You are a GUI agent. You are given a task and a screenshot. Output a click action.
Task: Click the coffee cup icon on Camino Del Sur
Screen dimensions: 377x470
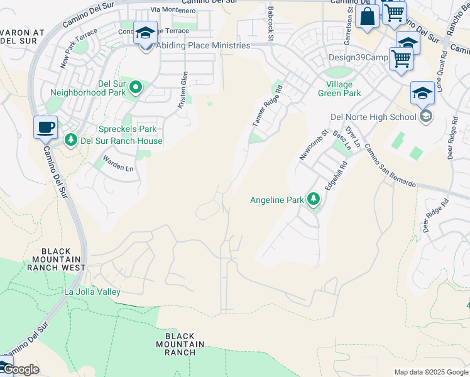[45, 128]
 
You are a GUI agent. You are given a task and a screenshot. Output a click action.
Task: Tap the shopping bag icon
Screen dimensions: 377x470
[367, 17]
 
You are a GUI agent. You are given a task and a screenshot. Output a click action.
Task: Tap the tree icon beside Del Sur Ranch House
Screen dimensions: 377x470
[71, 139]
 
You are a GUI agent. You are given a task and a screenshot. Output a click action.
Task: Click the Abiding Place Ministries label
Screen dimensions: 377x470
[202, 45]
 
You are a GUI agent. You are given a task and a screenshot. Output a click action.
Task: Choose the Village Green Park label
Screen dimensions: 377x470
[344, 89]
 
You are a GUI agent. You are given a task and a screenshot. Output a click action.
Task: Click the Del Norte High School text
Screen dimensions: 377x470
[373, 116]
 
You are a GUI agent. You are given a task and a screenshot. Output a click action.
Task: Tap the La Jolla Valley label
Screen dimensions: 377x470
[92, 292]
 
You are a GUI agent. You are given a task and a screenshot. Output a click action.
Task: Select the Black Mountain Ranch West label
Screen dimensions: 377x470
[56, 260]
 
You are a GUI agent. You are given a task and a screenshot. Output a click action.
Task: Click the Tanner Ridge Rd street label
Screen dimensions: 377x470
[268, 107]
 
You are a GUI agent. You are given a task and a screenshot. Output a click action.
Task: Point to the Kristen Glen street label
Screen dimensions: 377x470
[183, 89]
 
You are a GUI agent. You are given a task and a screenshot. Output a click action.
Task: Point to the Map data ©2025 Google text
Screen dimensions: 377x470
[430, 372]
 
